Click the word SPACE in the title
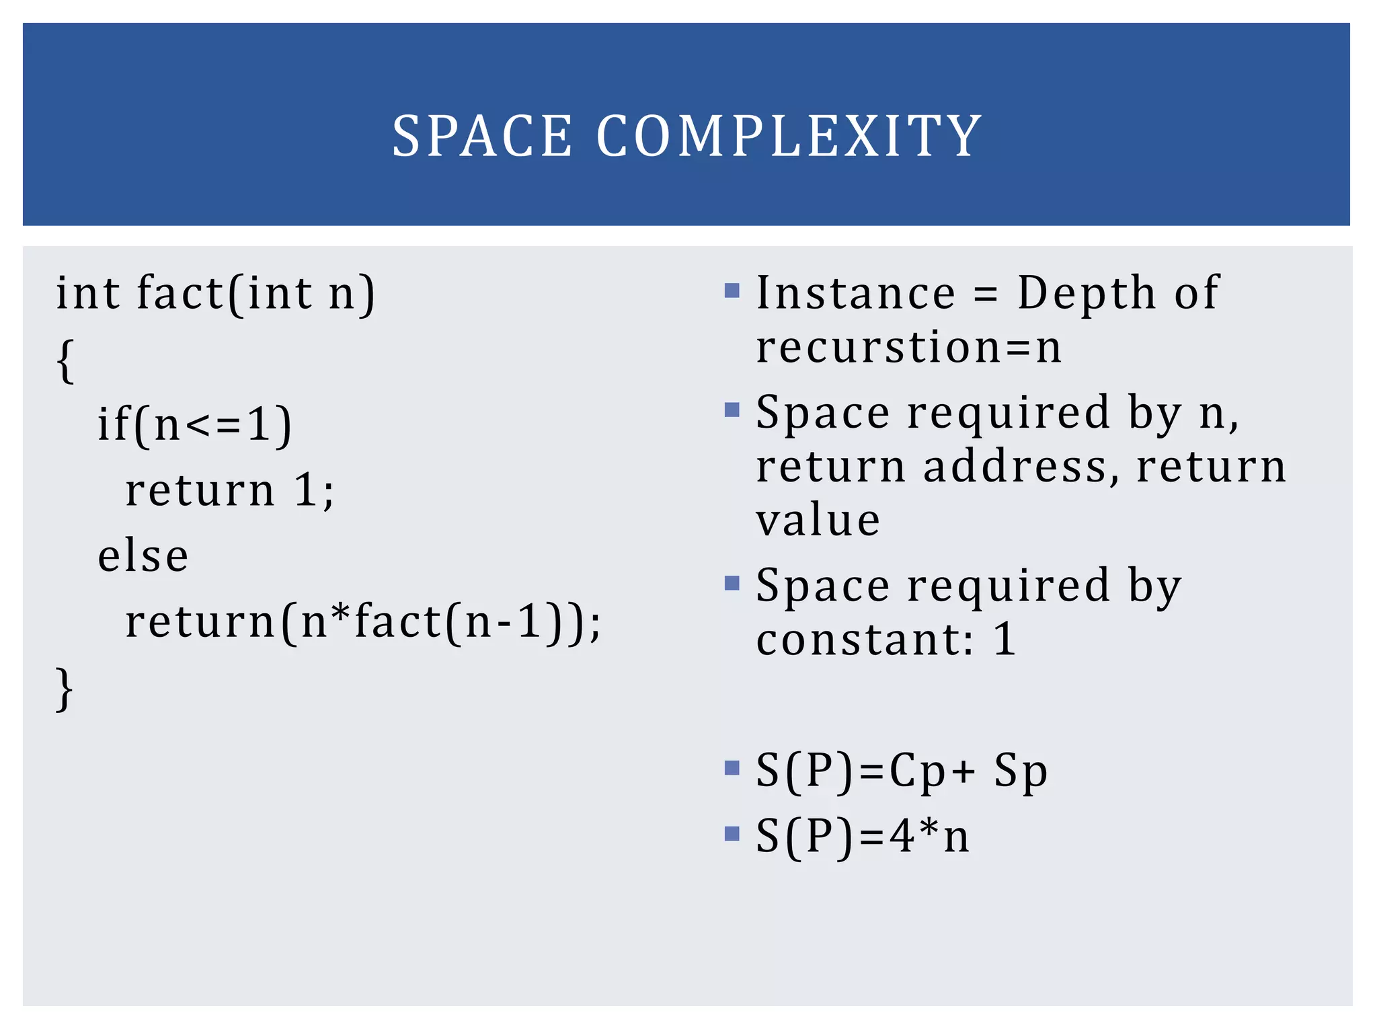[x=481, y=137]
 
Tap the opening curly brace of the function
[x=65, y=361]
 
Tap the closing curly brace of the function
[x=64, y=689]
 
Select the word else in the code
[x=143, y=557]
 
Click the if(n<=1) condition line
[x=194, y=426]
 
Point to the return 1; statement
[x=229, y=490]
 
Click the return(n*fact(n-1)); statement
[x=362, y=622]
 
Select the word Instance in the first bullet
[x=855, y=293]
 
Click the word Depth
[x=1086, y=293]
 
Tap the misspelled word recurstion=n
[x=908, y=348]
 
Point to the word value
[x=818, y=521]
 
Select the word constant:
[x=865, y=640]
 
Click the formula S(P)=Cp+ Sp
[x=901, y=771]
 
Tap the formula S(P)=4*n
[x=863, y=837]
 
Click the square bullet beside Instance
[x=732, y=291]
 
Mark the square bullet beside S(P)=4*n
[x=732, y=835]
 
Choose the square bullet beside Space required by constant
[x=732, y=583]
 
